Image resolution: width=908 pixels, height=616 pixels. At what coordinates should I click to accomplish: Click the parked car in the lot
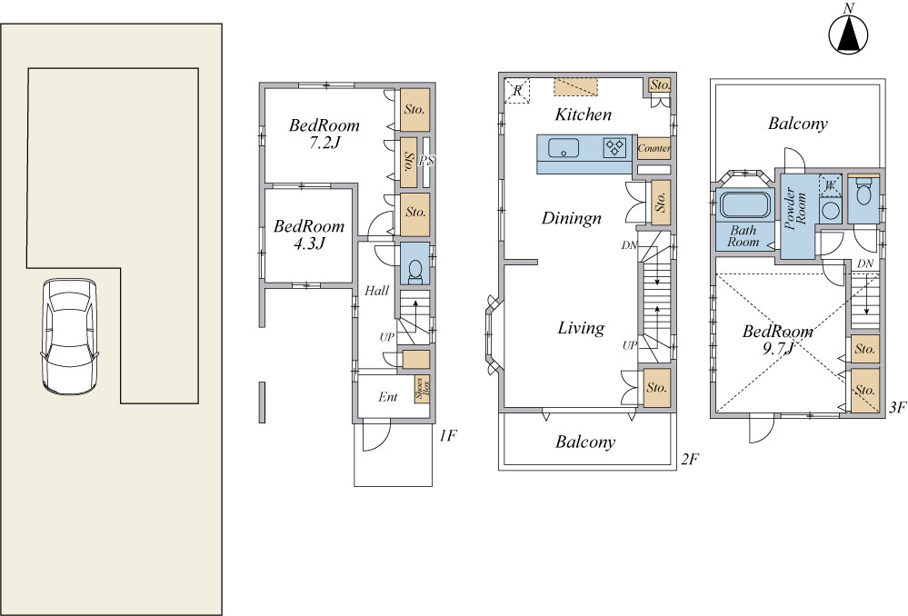(69, 337)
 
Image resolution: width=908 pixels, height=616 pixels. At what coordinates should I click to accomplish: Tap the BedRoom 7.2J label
(324, 134)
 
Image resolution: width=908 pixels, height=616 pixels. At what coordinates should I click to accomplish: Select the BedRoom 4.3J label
(309, 234)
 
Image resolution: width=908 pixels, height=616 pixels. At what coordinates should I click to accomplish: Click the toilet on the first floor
(415, 272)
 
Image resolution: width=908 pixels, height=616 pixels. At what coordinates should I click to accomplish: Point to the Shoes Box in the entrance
(422, 389)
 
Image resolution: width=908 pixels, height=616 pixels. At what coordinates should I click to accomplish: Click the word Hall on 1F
(376, 291)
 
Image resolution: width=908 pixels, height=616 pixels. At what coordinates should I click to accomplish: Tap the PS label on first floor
(427, 161)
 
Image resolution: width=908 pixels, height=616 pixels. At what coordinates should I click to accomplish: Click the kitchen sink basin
(564, 148)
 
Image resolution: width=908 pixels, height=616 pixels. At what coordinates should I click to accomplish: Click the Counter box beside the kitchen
(654, 149)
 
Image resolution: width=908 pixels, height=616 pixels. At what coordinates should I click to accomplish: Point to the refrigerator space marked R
(517, 90)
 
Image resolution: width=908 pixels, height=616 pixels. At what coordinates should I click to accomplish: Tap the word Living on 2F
(581, 328)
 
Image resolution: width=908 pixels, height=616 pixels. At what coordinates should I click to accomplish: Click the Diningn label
(572, 218)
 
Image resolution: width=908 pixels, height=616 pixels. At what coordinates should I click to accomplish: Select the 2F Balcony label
(584, 442)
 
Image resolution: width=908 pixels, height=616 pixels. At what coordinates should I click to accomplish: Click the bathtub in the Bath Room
(744, 205)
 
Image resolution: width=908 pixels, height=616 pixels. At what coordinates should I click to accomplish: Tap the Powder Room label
(795, 208)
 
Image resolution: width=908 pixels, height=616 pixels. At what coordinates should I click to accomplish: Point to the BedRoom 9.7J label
(778, 339)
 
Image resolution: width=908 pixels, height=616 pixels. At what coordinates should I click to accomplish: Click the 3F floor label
(897, 408)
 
